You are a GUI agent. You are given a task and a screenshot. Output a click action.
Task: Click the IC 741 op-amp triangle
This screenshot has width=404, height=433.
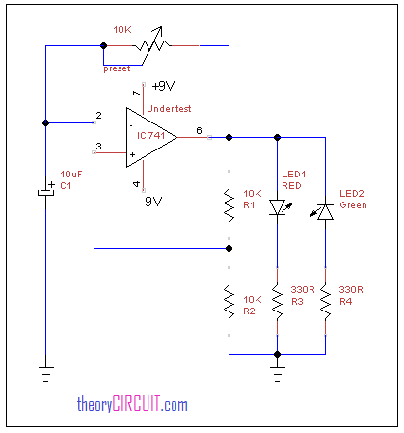coord(151,137)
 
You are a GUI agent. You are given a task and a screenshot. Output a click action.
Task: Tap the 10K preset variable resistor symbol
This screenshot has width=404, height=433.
coord(152,46)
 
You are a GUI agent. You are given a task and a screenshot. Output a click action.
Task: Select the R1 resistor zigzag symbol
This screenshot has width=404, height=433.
coord(229,205)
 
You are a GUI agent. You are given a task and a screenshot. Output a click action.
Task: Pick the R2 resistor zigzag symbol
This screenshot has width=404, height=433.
coord(229,302)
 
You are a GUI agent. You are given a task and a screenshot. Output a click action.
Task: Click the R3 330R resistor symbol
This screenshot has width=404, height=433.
coord(277,302)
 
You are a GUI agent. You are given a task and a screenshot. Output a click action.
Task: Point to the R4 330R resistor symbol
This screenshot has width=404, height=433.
coord(325,302)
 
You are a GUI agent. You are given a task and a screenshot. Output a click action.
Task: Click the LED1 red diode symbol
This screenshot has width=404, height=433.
coord(280,207)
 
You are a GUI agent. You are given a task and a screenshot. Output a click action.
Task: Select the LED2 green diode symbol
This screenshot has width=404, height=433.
coord(322,212)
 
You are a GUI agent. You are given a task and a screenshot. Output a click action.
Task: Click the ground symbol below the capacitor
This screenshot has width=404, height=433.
coord(46,374)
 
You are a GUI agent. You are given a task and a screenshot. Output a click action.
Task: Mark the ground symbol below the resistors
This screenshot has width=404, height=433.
coord(277,374)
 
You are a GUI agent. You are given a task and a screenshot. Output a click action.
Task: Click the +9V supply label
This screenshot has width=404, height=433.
coord(163,86)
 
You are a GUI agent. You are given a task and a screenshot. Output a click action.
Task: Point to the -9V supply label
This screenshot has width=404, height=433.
coord(151,202)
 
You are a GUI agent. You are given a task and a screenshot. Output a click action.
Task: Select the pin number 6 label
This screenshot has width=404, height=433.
coord(199,130)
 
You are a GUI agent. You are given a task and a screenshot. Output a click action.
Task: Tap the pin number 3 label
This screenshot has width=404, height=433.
coord(98,146)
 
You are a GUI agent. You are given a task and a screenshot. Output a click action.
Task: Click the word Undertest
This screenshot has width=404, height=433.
coord(169,109)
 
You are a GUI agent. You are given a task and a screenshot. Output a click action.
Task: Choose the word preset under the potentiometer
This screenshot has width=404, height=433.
coord(117,68)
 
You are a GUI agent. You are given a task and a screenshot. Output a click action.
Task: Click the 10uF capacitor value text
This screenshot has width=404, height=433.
coord(71,175)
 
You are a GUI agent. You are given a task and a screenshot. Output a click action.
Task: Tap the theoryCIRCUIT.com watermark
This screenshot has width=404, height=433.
coord(132,404)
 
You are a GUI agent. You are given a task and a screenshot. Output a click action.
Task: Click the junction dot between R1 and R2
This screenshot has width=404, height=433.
coord(229,248)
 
